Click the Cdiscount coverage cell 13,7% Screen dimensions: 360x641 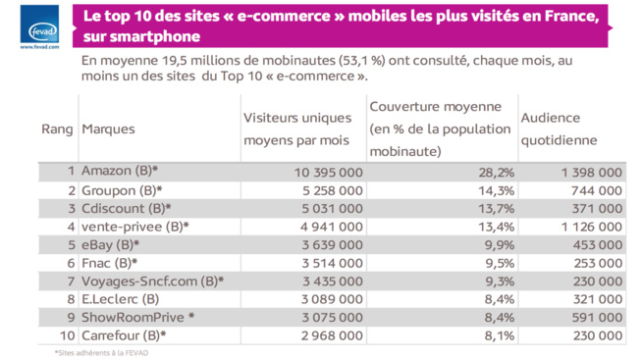click(x=486, y=209)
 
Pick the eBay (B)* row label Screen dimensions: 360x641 click(x=111, y=245)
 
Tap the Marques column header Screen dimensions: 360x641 click(x=108, y=129)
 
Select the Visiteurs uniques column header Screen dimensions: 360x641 click(x=296, y=129)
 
